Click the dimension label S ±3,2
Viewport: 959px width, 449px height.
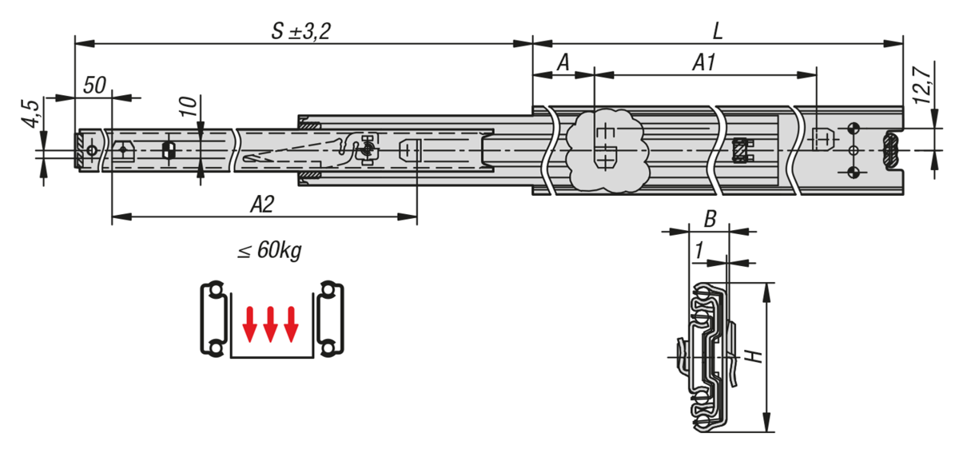(x=301, y=31)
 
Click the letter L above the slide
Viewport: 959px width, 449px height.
(x=718, y=31)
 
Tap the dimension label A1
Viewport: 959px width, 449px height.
(x=703, y=62)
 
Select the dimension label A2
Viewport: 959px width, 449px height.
(x=261, y=205)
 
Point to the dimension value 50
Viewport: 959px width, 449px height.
(x=94, y=85)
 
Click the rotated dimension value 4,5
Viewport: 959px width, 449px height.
(x=31, y=113)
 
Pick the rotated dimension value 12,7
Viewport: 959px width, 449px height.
(x=921, y=86)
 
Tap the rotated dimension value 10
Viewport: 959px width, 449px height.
(x=189, y=106)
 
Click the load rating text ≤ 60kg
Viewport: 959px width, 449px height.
(x=270, y=250)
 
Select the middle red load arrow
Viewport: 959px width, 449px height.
(x=270, y=324)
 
